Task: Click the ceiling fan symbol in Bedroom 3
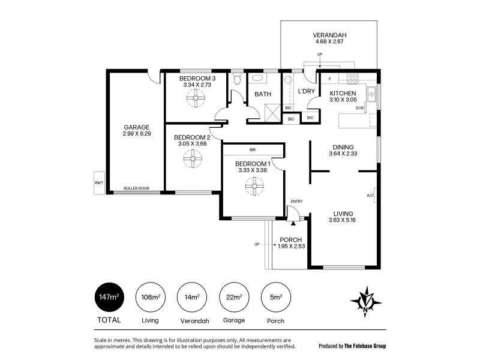pyautogui.click(x=196, y=98)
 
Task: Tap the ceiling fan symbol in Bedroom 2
pyautogui.click(x=193, y=158)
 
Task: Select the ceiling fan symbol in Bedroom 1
pyautogui.click(x=254, y=186)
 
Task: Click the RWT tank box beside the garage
pyautogui.click(x=99, y=183)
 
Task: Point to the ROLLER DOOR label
pyautogui.click(x=137, y=188)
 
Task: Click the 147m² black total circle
pyautogui.click(x=109, y=297)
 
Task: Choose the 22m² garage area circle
pyautogui.click(x=234, y=297)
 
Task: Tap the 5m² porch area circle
pyautogui.click(x=276, y=297)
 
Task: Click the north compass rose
pyautogui.click(x=366, y=302)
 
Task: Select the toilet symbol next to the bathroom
pyautogui.click(x=237, y=80)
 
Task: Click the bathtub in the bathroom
pyautogui.click(x=257, y=78)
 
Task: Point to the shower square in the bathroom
pyautogui.click(x=272, y=113)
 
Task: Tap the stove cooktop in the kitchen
pyautogui.click(x=352, y=78)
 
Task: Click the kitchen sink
pyautogui.click(x=371, y=94)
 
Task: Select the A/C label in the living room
pyautogui.click(x=370, y=196)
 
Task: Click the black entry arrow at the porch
pyautogui.click(x=293, y=223)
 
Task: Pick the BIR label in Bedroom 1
pyautogui.click(x=253, y=149)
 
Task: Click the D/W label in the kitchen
pyautogui.click(x=359, y=108)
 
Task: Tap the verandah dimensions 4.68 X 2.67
pyautogui.click(x=329, y=41)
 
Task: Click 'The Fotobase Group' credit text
pyautogui.click(x=365, y=346)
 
